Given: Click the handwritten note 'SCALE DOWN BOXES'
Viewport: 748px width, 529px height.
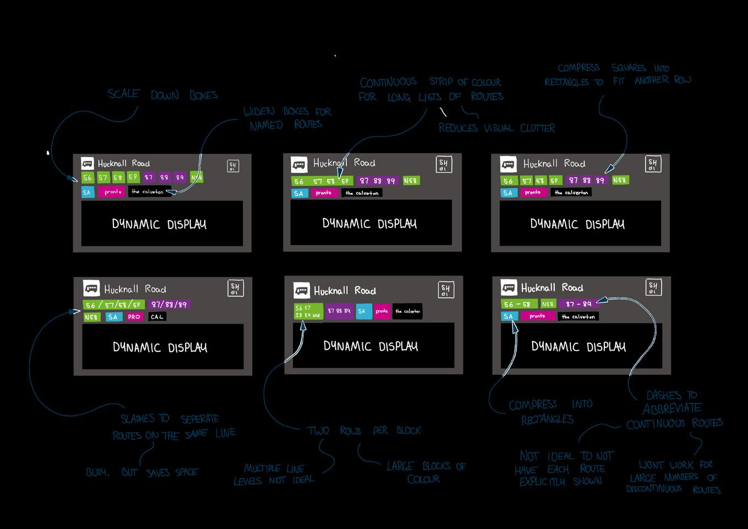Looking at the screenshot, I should pyautogui.click(x=162, y=95).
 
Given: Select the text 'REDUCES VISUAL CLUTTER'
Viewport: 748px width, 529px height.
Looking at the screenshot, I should pyautogui.click(x=496, y=128).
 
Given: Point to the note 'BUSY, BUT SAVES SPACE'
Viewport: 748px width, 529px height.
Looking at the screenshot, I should pyautogui.click(x=141, y=472).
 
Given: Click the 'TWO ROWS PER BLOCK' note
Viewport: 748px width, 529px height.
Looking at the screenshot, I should pyautogui.click(x=363, y=430).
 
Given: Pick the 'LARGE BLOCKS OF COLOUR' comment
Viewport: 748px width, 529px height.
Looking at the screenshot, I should pyautogui.click(x=425, y=472).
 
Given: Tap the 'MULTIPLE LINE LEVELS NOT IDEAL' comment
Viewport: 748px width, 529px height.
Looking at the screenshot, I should pyautogui.click(x=274, y=474).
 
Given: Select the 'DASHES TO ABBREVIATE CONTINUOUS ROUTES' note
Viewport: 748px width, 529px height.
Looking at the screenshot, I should pyautogui.click(x=674, y=409).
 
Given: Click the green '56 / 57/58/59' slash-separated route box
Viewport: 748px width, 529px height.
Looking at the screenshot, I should pyautogui.click(x=114, y=304).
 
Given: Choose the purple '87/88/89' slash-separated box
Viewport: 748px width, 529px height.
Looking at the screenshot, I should pyautogui.click(x=170, y=304).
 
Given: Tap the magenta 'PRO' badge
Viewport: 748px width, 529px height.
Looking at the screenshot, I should pyautogui.click(x=134, y=317).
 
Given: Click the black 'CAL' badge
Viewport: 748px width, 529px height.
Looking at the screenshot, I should pyautogui.click(x=157, y=317).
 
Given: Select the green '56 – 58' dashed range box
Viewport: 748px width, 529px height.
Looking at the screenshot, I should pyautogui.click(x=519, y=304).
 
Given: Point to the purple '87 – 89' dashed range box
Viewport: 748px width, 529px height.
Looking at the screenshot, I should pyautogui.click(x=578, y=304).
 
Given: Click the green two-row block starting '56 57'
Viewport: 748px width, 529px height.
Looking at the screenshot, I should pyautogui.click(x=308, y=312).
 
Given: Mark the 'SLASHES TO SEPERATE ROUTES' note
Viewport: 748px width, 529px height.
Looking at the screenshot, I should pyautogui.click(x=173, y=427).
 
